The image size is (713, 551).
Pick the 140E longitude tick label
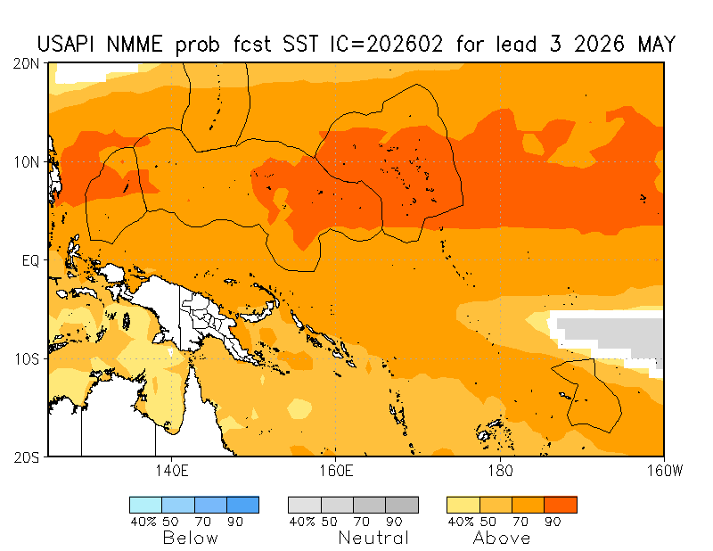point(170,470)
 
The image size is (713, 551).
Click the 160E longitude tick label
point(334,470)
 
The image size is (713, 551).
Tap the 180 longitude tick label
point(499,470)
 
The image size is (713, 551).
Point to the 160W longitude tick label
point(662,470)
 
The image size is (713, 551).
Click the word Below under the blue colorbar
point(190,538)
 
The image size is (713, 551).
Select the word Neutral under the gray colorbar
point(373,538)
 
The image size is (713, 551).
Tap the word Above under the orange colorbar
point(502,538)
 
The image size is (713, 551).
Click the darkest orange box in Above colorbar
point(561,505)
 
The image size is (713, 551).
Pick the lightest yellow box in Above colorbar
point(463,505)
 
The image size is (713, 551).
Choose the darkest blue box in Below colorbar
point(242,505)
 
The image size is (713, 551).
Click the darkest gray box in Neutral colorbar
point(402,505)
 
